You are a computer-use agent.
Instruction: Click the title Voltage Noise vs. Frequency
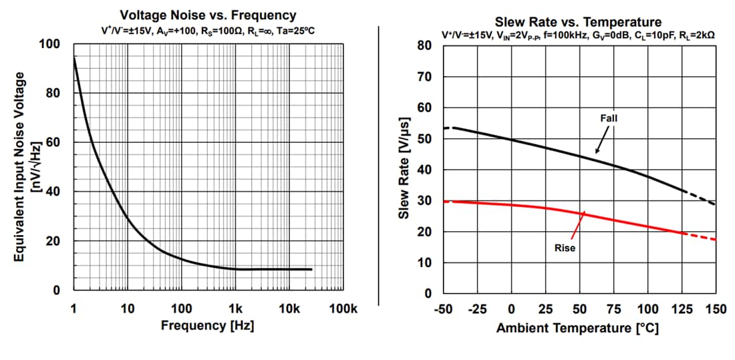click(208, 15)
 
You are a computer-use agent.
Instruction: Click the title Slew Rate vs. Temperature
click(578, 22)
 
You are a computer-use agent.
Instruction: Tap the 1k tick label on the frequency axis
click(236, 309)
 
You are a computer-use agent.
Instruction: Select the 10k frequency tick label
click(289, 309)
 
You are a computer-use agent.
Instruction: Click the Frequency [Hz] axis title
click(207, 326)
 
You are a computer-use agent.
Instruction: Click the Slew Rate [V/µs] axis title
click(404, 170)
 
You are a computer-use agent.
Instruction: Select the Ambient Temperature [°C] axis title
click(578, 329)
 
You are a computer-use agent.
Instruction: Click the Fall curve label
click(609, 118)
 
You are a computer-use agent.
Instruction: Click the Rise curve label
click(565, 248)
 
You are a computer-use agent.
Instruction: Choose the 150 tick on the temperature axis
click(716, 309)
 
